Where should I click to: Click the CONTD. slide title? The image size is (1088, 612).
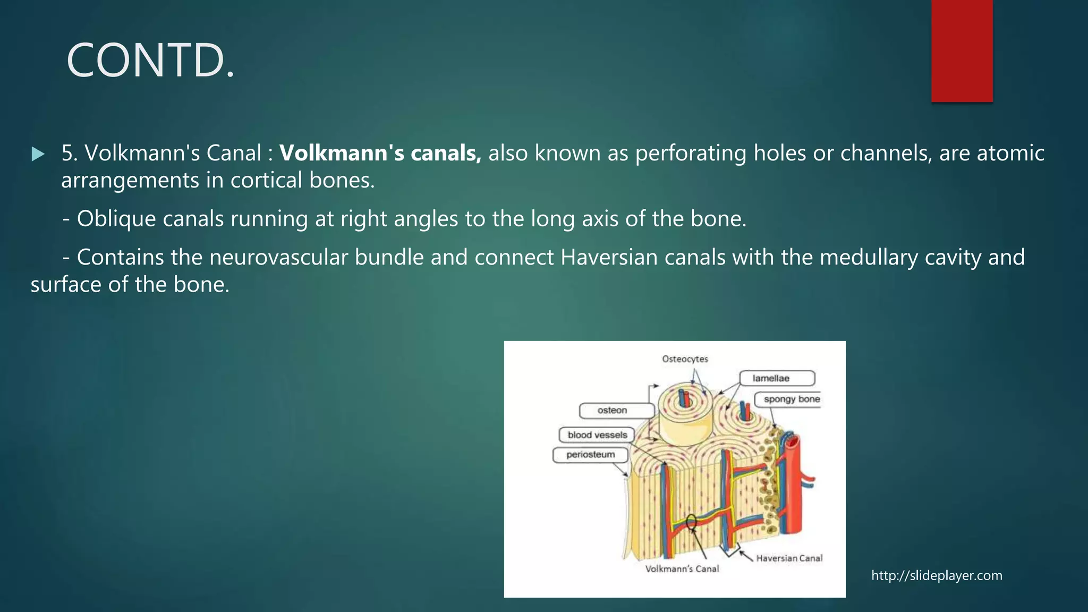pyautogui.click(x=150, y=61)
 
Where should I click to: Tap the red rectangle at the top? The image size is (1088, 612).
pyautogui.click(x=962, y=50)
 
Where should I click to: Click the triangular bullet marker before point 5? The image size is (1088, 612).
pyautogui.click(x=38, y=154)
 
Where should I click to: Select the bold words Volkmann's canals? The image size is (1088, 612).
pyautogui.click(x=380, y=153)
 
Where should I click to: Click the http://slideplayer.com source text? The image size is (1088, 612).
pyautogui.click(x=937, y=575)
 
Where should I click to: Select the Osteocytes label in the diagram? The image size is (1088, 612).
pyautogui.click(x=685, y=359)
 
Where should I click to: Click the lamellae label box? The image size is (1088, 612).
pyautogui.click(x=777, y=378)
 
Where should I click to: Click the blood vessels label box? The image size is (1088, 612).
pyautogui.click(x=597, y=435)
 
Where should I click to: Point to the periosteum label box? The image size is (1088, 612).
pyautogui.click(x=590, y=455)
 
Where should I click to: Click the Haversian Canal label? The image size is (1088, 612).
pyautogui.click(x=789, y=558)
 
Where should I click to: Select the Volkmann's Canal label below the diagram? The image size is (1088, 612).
pyautogui.click(x=682, y=569)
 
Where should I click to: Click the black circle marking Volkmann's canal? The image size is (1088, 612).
pyautogui.click(x=691, y=522)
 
